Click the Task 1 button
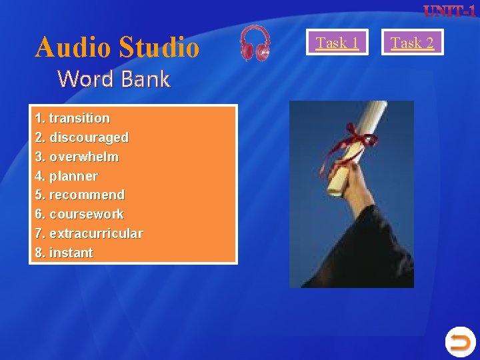pos(337,43)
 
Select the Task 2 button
pos(412,43)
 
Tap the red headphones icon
pos(255,43)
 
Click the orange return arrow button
pos(459,342)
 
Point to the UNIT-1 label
pos(449,11)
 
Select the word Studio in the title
pos(159,47)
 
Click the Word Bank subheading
pos(113,79)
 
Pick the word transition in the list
pos(79,118)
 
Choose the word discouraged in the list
pos(89,137)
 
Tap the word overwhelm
pos(84,157)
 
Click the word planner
pos(73,176)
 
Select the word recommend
pos(87,195)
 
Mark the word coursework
pos(87,214)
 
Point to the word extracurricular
pos(96,233)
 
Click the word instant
pos(71,253)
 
